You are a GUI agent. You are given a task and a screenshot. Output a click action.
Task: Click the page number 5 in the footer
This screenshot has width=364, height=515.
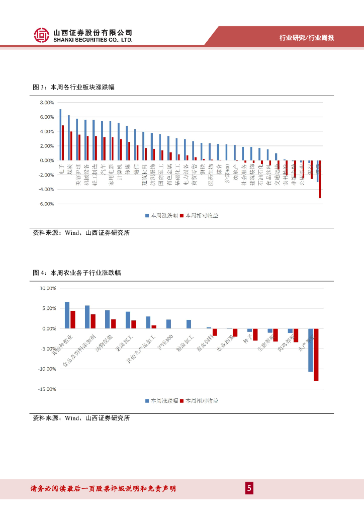pyautogui.click(x=249, y=488)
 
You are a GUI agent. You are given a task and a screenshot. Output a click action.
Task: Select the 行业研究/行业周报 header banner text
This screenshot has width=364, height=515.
pyautogui.click(x=307, y=38)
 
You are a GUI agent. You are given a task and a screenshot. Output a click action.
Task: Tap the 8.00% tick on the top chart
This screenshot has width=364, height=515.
pyautogui.click(x=47, y=103)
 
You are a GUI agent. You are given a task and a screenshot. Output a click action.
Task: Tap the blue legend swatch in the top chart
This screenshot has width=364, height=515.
pyautogui.click(x=147, y=215)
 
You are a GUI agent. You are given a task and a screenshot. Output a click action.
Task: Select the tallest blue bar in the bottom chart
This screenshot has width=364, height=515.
pyautogui.click(x=67, y=315)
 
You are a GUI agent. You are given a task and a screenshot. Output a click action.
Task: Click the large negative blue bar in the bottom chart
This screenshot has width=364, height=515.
pyautogui.click(x=311, y=350)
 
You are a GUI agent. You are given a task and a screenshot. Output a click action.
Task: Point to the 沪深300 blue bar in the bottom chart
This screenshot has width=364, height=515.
pyautogui.click(x=168, y=324)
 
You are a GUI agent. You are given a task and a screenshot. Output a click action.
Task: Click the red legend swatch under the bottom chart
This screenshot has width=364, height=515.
pyautogui.click(x=181, y=401)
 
